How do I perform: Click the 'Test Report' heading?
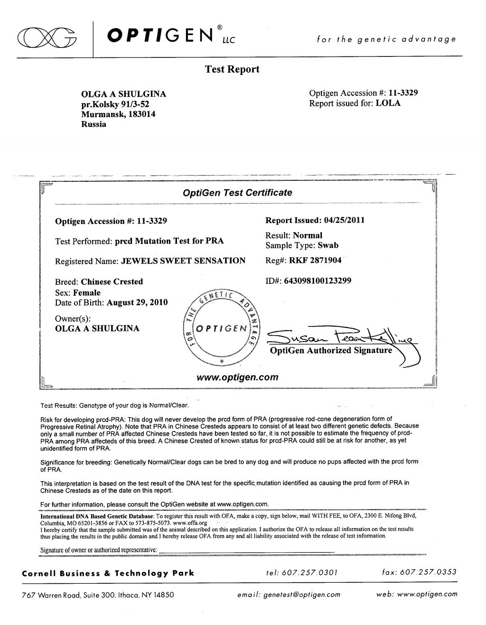tap(232, 69)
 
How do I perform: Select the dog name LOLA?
tap(388, 103)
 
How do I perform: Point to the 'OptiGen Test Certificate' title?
tap(237, 193)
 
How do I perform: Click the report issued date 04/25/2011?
tap(345, 220)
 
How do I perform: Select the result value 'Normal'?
tap(308, 235)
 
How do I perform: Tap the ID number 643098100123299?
tap(318, 280)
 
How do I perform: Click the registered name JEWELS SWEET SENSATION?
tap(184, 261)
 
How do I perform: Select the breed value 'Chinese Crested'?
tap(112, 281)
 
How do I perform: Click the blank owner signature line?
tap(247, 550)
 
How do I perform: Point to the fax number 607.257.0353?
tap(428, 573)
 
